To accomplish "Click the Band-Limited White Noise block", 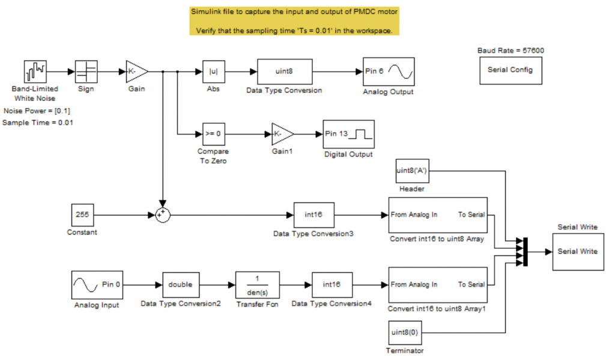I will (x=35, y=72).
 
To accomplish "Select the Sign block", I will (x=86, y=72).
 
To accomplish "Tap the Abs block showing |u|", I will (x=213, y=72).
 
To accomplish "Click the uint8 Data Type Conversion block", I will (x=284, y=72).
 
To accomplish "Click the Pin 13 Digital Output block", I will (x=348, y=133).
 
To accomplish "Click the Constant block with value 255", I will (x=82, y=215).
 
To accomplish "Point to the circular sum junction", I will (x=161, y=215).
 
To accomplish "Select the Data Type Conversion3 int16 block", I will (x=314, y=215).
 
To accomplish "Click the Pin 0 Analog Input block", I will (x=97, y=284).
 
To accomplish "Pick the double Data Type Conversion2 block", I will (x=181, y=284).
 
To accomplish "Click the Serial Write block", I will (x=577, y=251).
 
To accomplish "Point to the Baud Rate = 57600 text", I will (x=510, y=50).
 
